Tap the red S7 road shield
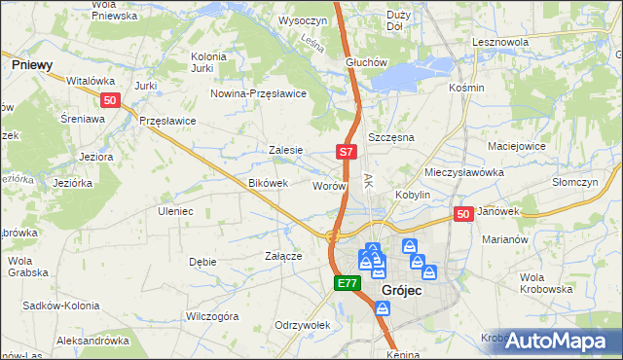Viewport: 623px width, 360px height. [348, 152]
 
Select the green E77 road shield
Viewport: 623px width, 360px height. [348, 283]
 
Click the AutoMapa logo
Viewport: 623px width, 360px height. [556, 342]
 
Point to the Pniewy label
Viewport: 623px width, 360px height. [32, 63]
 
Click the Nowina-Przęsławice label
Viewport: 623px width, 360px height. [260, 93]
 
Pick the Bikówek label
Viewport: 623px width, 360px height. [268, 183]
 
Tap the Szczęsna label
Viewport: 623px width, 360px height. [391, 137]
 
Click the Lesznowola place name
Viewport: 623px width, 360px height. [499, 43]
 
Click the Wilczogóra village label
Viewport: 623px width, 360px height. [212, 316]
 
